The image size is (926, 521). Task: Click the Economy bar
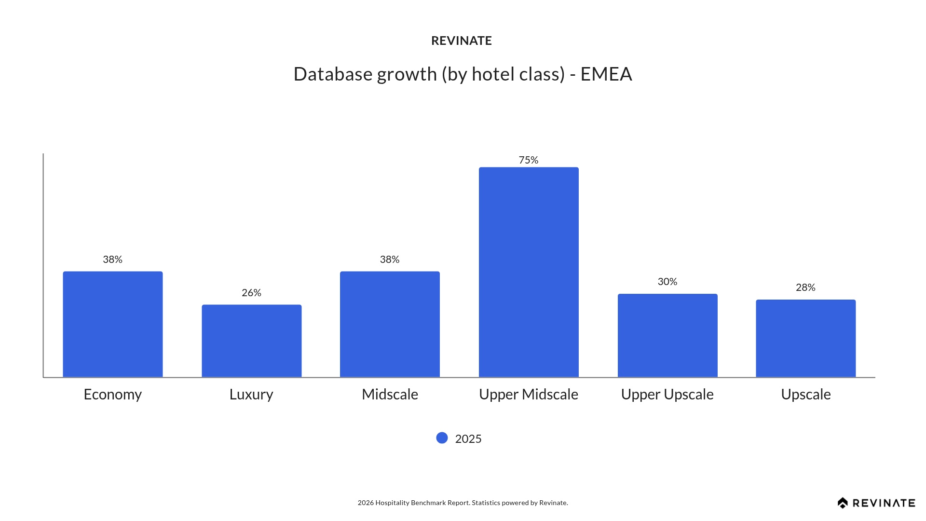pos(113,324)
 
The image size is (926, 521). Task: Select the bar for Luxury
pos(252,341)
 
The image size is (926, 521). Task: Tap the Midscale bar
pos(390,324)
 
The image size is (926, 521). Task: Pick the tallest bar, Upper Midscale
pos(529,272)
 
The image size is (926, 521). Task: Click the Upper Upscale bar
pos(667,335)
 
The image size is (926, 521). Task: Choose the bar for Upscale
pos(805,338)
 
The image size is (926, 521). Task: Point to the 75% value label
pos(529,160)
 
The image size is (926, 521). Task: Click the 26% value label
pos(252,293)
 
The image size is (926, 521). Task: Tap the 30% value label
pos(667,282)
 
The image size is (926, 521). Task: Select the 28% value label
pos(805,288)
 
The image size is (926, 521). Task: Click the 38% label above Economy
pos(113,260)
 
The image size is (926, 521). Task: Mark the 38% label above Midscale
pos(390,260)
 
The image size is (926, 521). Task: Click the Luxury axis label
pos(252,395)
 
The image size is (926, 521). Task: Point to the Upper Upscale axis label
pos(667,395)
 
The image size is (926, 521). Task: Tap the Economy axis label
pos(113,395)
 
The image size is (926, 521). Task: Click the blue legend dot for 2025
pos(442,438)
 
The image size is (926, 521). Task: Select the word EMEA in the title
pos(606,74)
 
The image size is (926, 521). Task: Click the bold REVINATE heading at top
pos(462,41)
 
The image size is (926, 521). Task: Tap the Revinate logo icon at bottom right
pos(843,503)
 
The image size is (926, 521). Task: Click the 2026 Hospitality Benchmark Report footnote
pos(463,503)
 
